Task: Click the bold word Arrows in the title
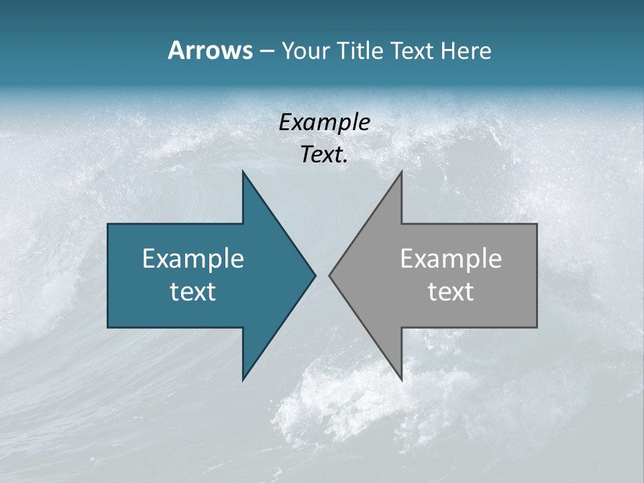click(209, 50)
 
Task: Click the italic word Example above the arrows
click(324, 123)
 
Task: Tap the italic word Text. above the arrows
click(324, 155)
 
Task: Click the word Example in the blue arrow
click(193, 259)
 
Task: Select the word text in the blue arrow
click(193, 292)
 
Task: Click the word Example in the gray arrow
click(451, 259)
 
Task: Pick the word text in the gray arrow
click(451, 292)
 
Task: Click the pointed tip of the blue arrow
click(315, 275)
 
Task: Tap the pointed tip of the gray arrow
click(330, 275)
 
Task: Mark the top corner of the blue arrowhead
click(244, 172)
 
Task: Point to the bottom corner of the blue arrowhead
click(244, 379)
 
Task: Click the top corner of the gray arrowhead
click(401, 172)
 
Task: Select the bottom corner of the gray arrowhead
click(401, 379)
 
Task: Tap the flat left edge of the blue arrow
click(108, 276)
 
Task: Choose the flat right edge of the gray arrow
click(537, 276)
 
